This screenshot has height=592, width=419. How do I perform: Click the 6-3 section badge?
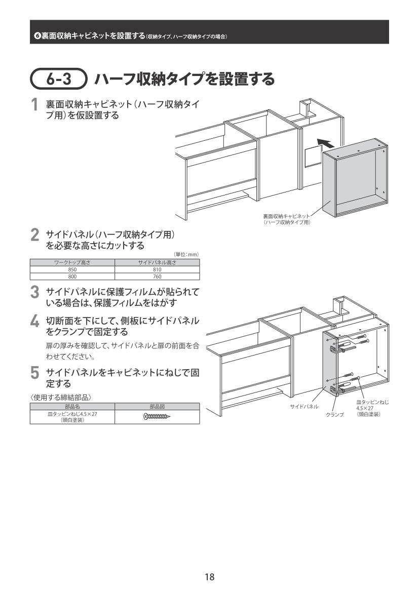[x=59, y=78]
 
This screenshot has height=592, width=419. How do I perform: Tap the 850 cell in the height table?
[x=72, y=269]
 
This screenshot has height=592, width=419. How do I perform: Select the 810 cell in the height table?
[x=157, y=269]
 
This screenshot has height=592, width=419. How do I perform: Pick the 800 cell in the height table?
[x=72, y=277]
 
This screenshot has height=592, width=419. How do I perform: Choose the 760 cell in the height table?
[x=157, y=277]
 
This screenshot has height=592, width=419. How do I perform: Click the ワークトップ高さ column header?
[x=72, y=263]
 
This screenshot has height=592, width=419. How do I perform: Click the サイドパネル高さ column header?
[x=157, y=263]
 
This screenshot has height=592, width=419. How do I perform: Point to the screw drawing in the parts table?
[x=157, y=417]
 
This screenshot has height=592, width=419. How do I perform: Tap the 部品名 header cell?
[x=72, y=407]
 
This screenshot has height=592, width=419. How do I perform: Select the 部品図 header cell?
[x=157, y=407]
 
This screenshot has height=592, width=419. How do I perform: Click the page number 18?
[x=209, y=576]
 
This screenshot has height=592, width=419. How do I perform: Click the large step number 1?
[x=35, y=105]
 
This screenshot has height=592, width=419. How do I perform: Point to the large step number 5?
[x=35, y=373]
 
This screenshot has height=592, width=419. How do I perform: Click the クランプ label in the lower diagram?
[x=335, y=415]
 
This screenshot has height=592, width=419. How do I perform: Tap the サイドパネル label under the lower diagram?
[x=304, y=407]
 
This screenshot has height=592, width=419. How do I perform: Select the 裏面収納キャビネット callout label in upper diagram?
[x=286, y=219]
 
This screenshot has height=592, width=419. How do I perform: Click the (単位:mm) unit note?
[x=186, y=254]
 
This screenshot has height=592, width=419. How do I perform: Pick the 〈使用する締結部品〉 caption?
[x=61, y=397]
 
